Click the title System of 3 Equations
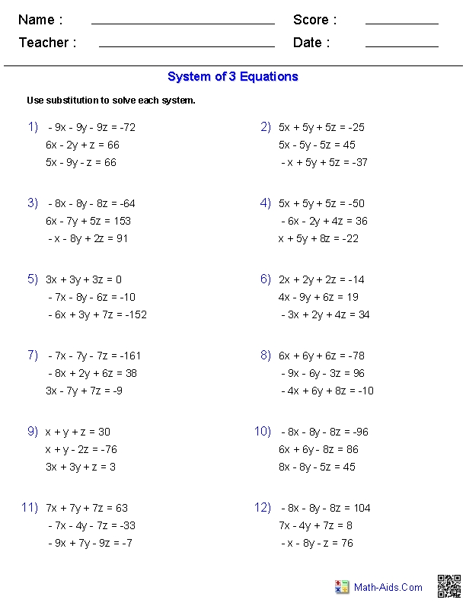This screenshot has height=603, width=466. point(233,76)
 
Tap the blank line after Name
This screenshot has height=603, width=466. point(183,24)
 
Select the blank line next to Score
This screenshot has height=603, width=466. point(401,24)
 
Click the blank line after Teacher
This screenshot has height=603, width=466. point(187,46)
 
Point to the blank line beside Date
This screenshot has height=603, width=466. point(401,46)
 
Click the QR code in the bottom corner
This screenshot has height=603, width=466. point(448,586)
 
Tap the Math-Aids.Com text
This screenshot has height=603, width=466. point(388,587)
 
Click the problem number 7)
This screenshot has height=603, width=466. point(33,355)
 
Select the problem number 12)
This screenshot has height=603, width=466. point(263,507)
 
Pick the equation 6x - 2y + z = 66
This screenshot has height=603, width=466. point(82,145)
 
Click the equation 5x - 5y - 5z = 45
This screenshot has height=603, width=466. point(317,145)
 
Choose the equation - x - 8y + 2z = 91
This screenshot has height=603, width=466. point(88,238)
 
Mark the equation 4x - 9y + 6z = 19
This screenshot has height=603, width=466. point(318,297)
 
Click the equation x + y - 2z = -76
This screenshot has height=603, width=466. point(81,449)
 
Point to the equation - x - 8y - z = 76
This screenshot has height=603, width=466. point(317,543)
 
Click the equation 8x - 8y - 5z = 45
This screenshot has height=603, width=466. point(317,467)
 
